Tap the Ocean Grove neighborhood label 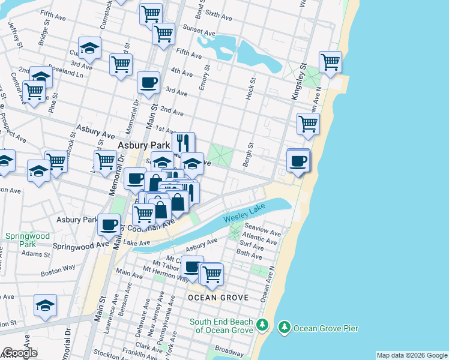coord(209,298)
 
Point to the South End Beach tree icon coord(262,325)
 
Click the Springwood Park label coord(20,241)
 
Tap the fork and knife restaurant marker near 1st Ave coord(184,143)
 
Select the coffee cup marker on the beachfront coord(298,160)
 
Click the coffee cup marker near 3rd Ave coord(148,83)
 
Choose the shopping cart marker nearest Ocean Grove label coord(211,274)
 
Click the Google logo coord(20,353)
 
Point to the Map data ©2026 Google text coord(412,355)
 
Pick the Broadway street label coord(229,349)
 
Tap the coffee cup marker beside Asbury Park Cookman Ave coord(109,224)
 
